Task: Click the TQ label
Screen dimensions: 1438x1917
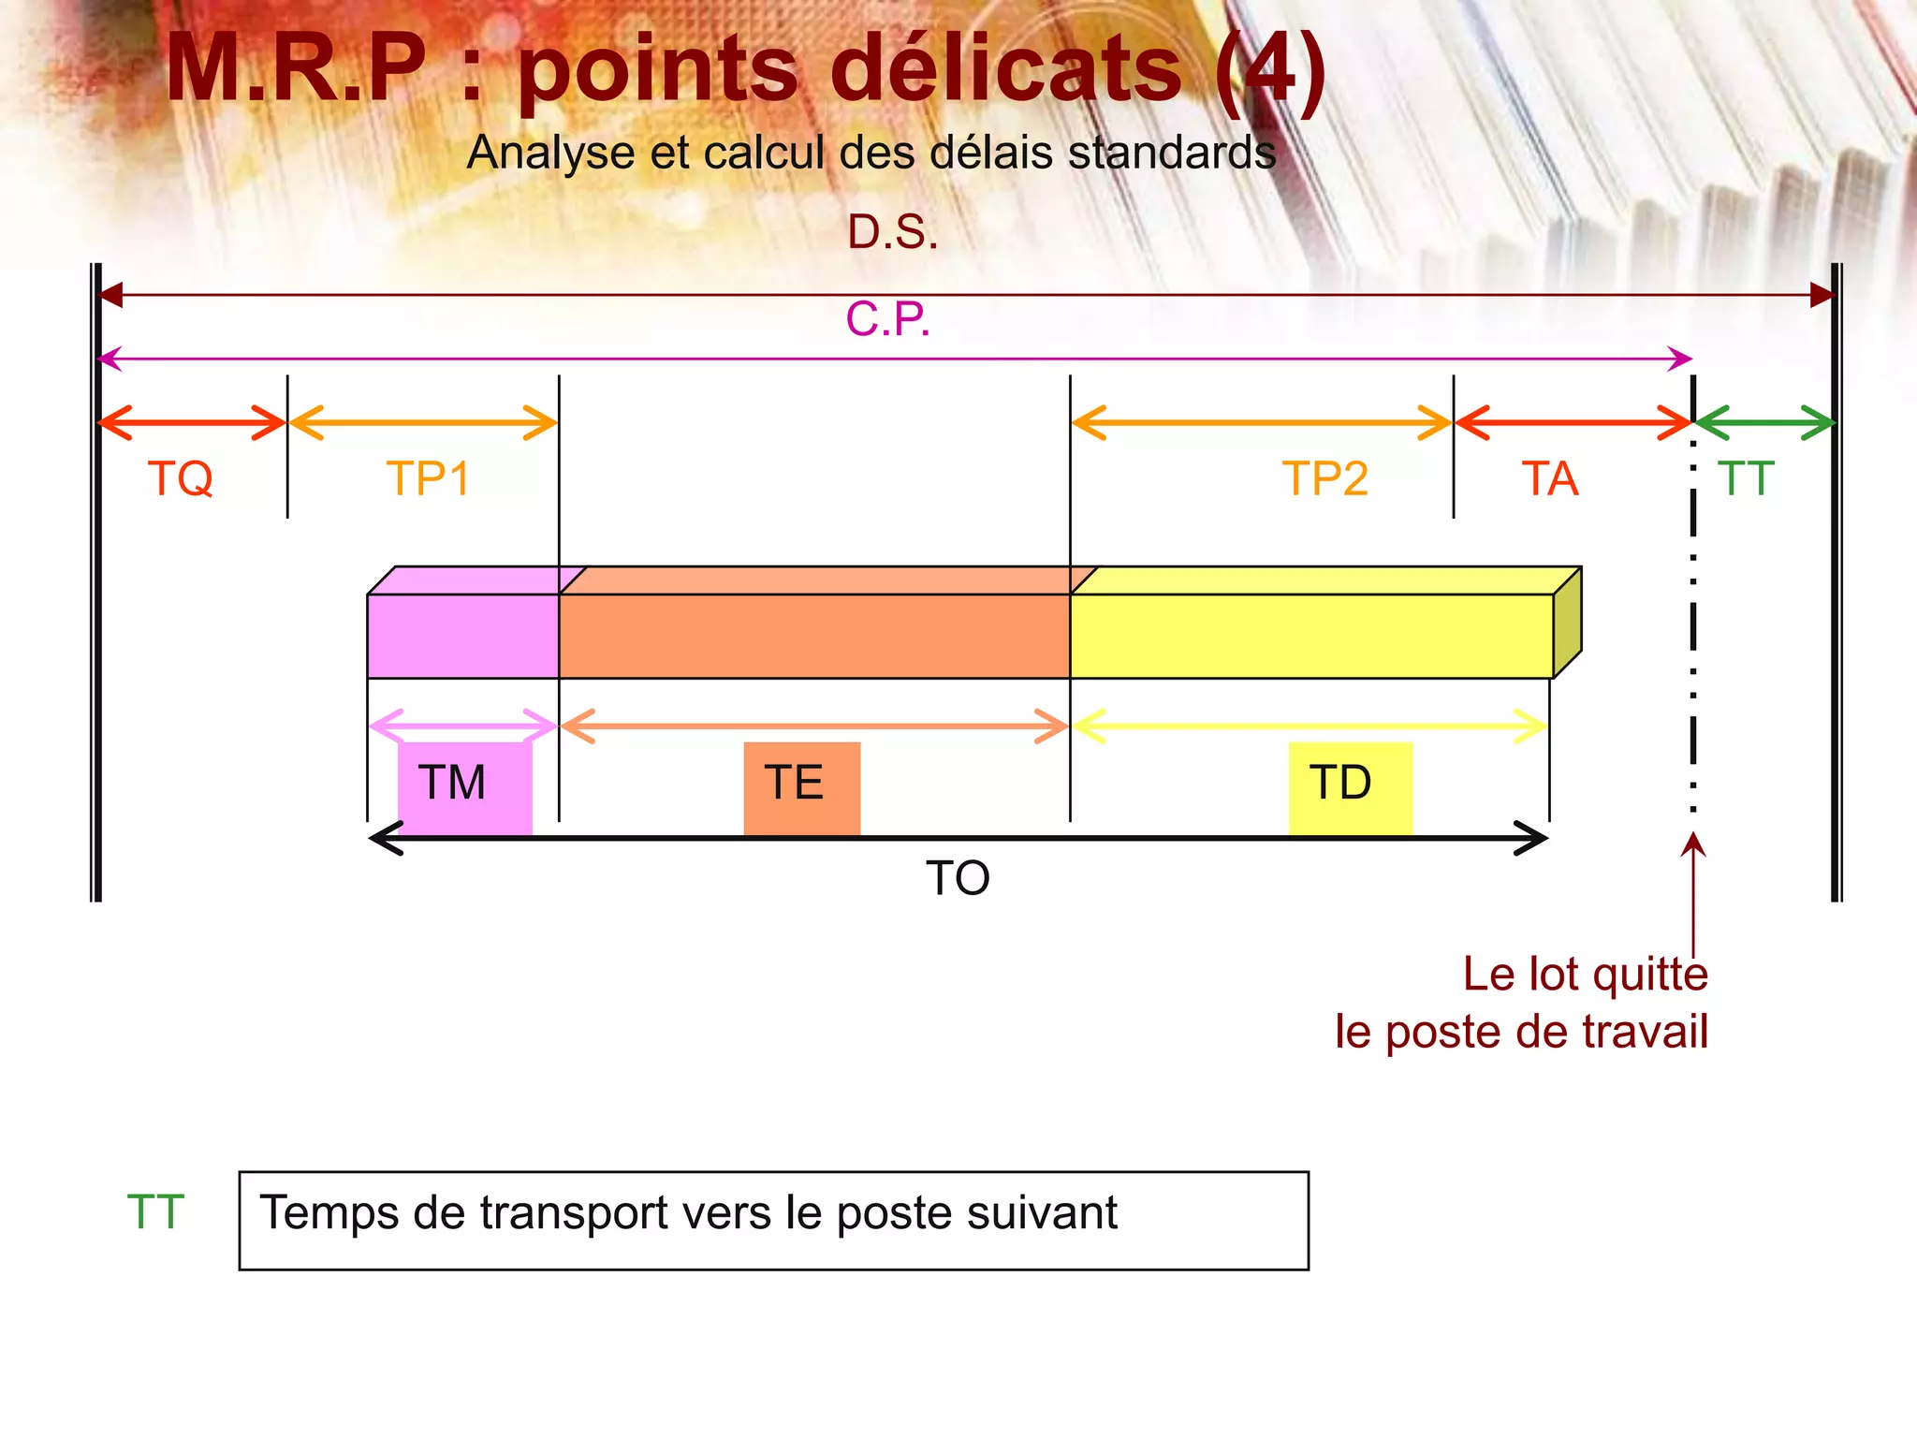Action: coord(181,478)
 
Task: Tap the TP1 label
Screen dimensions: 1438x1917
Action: coord(428,478)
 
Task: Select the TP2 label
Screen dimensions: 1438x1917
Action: coord(1324,478)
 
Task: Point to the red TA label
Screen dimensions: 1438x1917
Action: coord(1550,478)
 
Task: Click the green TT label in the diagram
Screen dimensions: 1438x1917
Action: coord(1746,478)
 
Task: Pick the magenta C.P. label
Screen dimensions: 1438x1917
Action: coord(887,319)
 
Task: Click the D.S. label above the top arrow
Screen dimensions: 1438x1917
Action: coord(892,231)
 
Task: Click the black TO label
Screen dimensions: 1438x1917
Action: coord(958,878)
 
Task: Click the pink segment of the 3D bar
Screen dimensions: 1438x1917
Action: coord(462,635)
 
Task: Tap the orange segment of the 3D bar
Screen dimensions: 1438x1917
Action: coord(813,635)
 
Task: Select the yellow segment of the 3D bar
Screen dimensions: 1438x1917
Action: coord(1310,635)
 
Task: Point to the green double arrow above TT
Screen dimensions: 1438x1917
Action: coord(1764,423)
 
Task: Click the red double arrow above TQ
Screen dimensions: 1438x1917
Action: coord(191,423)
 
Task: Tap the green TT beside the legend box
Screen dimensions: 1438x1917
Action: coord(155,1212)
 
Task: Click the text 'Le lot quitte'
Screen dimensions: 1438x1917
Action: coord(1586,975)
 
